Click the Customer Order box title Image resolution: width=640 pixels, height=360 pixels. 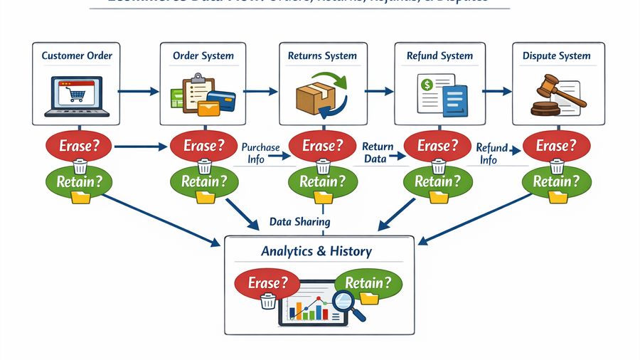[77, 55]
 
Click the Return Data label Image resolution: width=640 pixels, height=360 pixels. [374, 153]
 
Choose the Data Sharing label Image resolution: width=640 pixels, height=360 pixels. [299, 222]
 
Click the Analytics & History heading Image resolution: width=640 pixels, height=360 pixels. [316, 251]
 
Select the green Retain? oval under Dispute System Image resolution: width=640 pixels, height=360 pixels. [558, 181]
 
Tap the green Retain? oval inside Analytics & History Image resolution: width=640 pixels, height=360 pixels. [368, 283]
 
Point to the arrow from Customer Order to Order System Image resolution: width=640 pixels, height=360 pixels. [139, 91]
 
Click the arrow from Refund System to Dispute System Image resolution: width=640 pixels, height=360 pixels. [497, 91]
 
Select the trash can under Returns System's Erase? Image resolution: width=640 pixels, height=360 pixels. [324, 166]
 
